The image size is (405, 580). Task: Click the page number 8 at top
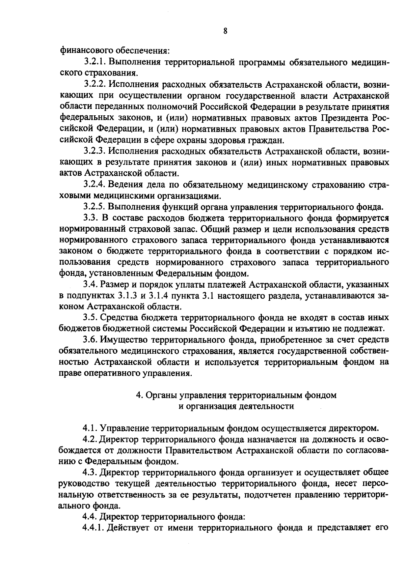pos(225,31)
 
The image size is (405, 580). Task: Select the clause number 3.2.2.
pos(93,85)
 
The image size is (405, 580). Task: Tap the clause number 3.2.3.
pos(93,151)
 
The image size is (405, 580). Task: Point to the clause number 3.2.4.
pos(93,185)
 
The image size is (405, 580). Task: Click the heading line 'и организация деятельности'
pos(236,406)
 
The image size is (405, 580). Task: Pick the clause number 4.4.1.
pos(93,528)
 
